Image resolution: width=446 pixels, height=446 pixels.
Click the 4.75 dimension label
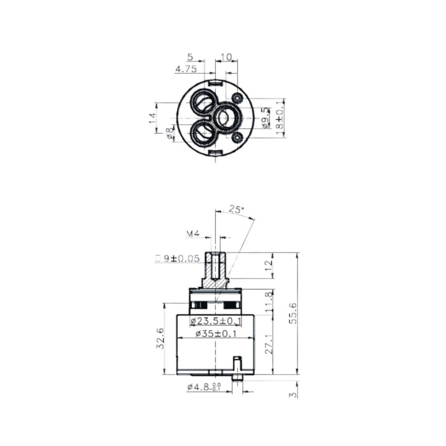click(x=185, y=69)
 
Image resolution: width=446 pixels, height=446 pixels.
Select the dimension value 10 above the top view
click(x=227, y=57)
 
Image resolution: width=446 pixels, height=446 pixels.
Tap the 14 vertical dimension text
click(x=153, y=119)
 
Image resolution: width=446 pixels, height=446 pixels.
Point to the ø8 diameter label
click(x=170, y=134)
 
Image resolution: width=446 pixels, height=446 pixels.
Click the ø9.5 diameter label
click(x=266, y=118)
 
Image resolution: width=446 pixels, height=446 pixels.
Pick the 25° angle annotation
click(x=236, y=209)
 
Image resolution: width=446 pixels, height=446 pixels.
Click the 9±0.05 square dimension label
click(x=177, y=258)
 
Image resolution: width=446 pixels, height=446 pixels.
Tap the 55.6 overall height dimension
click(x=292, y=312)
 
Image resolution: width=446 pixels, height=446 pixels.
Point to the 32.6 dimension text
click(x=161, y=338)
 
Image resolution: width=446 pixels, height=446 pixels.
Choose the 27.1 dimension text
click(x=268, y=342)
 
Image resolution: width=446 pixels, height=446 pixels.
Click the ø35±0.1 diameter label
click(x=215, y=333)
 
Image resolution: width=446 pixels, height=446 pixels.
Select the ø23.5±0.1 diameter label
click(x=215, y=320)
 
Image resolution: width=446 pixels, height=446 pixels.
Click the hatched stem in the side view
click(x=215, y=271)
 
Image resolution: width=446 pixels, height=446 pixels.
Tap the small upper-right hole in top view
click(x=237, y=98)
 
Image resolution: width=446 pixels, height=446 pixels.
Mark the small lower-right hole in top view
click(x=237, y=136)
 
